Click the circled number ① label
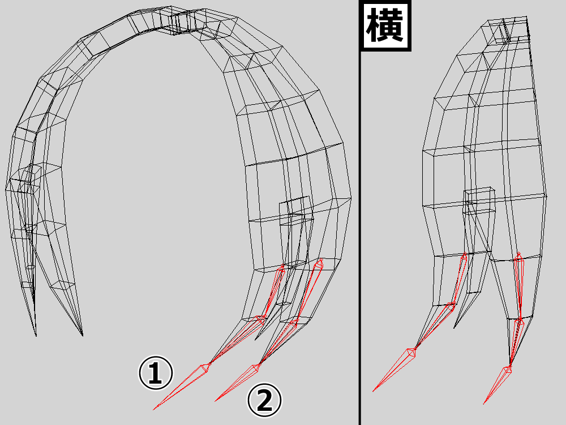pyautogui.click(x=156, y=373)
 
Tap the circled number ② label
pyautogui.click(x=264, y=400)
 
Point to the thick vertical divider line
pyautogui.click(x=360, y=212)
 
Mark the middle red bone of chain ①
pyautogui.click(x=237, y=339)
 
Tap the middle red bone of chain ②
pyautogui.click(x=278, y=342)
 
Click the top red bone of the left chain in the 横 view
pyautogui.click(x=460, y=279)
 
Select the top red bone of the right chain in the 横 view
pyautogui.click(x=519, y=286)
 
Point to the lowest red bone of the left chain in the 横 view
pyautogui.click(x=394, y=369)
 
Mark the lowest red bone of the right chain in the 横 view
pyautogui.click(x=498, y=385)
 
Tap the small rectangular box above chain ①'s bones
pyautogui.click(x=294, y=210)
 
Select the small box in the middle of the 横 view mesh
pyautogui.click(x=479, y=200)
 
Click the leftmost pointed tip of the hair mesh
pyautogui.click(x=36, y=335)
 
